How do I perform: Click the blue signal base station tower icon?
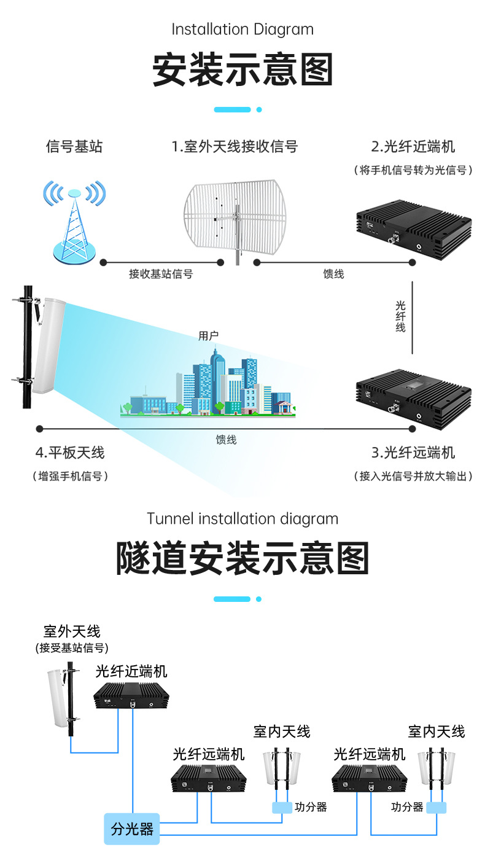pyautogui.click(x=74, y=221)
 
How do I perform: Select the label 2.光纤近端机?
pyautogui.click(x=413, y=147)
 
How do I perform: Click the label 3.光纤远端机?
pyautogui.click(x=413, y=453)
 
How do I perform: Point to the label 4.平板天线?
pyautogui.click(x=69, y=453)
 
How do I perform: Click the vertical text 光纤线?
pyautogui.click(x=400, y=316)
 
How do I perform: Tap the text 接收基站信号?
pyautogui.click(x=161, y=274)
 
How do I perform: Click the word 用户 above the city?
pyautogui.click(x=209, y=335)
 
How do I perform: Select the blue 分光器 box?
pyautogui.click(x=132, y=829)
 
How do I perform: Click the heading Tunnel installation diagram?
pyautogui.click(x=243, y=518)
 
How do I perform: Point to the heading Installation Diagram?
pyautogui.click(x=243, y=29)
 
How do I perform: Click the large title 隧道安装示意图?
pyautogui.click(x=243, y=558)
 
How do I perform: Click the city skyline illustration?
pyautogui.click(x=209, y=387)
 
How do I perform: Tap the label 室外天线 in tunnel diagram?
pyautogui.click(x=72, y=631)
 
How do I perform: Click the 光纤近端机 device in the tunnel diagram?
pyautogui.click(x=131, y=696)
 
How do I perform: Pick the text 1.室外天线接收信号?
pyautogui.click(x=235, y=147)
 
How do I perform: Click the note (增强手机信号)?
pyautogui.click(x=69, y=476)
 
